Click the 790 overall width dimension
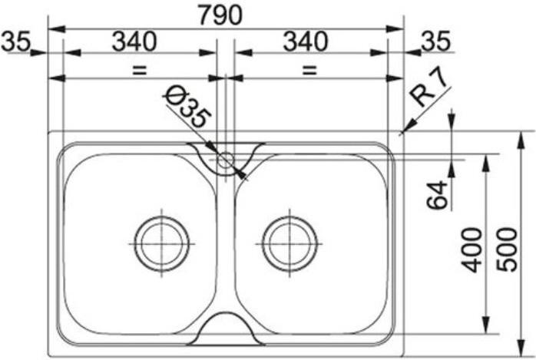pos(220,15)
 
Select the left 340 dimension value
pos(134,41)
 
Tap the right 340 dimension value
pos(306,41)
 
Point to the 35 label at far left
pos(15,41)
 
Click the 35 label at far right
pos(436,41)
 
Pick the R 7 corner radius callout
pos(428,88)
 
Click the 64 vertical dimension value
pos(437,195)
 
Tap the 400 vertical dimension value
pos(471,249)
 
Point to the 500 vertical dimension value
pos(508,249)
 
